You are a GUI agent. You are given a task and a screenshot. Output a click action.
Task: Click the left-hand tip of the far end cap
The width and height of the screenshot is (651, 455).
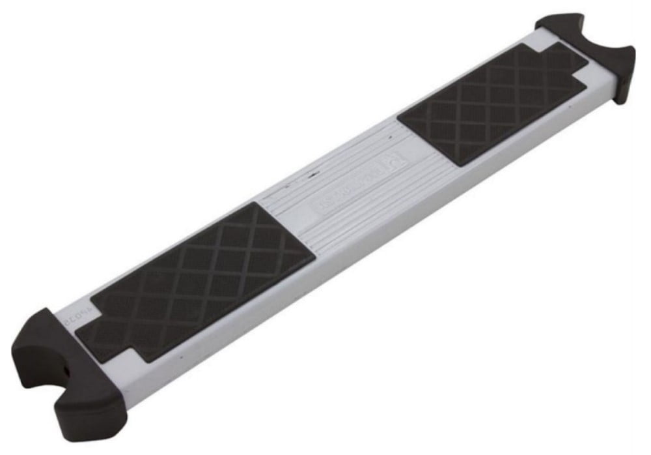[x=553, y=23]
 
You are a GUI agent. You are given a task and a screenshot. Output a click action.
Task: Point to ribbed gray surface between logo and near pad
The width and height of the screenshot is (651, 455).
[x=293, y=215]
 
